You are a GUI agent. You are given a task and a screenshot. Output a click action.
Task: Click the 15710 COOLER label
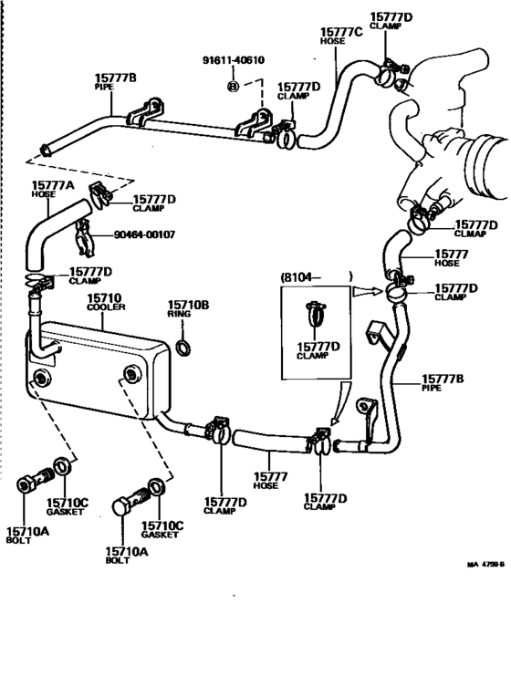pyautogui.click(x=107, y=303)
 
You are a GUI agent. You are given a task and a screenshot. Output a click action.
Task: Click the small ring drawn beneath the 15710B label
pyautogui.click(x=182, y=347)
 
